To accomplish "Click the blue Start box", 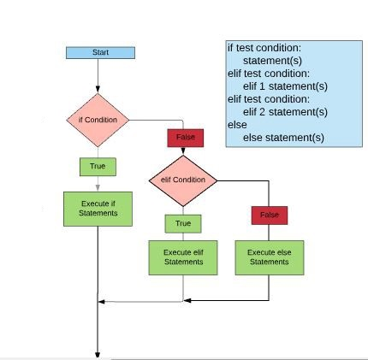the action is pos(100,53).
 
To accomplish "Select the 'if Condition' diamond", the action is pos(98,120).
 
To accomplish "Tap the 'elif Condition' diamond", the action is pos(183,180).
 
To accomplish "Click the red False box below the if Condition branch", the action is pos(186,138).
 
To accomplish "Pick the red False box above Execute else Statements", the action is pos(270,215).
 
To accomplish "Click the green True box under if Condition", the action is pos(98,167).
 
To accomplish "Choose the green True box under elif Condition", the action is pos(183,224).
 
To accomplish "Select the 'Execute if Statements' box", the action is pos(98,209).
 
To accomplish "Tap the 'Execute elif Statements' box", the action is pos(183,257).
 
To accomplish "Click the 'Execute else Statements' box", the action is pos(270,257).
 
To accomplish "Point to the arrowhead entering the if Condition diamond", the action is pos(98,89).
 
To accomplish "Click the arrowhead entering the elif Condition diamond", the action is pos(183,151).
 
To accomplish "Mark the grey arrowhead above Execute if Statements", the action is pos(98,187).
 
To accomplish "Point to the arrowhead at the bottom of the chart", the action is pos(98,355).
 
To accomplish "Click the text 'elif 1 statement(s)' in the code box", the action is pos(285,86).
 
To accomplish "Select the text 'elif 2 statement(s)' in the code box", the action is pos(285,112).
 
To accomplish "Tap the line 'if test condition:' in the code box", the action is pos(264,48).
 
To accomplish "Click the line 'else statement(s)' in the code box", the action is pos(283,138).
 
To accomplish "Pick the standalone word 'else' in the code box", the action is pos(237,125).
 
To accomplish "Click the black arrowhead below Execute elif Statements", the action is pos(187,300).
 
